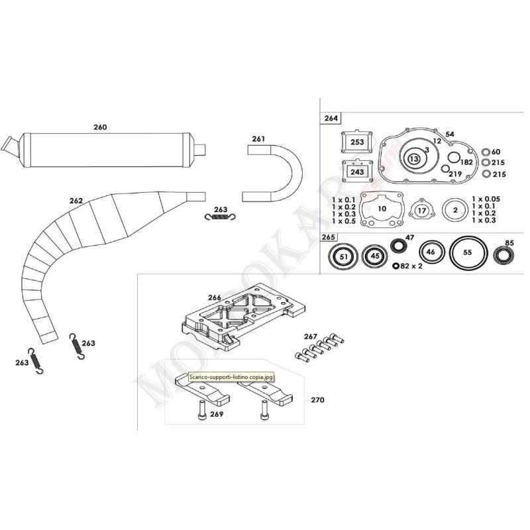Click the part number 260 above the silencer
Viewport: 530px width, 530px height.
pos(100,127)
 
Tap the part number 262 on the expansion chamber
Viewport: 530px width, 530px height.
pos(76,199)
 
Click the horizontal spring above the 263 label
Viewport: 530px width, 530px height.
pos(220,218)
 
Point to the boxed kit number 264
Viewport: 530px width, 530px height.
pos(330,119)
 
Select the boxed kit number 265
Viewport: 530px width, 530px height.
pos(329,237)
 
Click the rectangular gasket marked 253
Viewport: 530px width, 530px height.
pos(357,142)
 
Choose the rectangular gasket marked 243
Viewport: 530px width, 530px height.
pos(357,172)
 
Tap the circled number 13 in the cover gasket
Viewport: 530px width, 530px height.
pos(414,159)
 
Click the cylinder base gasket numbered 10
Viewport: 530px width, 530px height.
pos(382,209)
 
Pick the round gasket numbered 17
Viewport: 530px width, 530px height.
pos(421,211)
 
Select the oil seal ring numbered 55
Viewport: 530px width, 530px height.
pos(468,252)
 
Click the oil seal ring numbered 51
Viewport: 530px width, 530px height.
pos(343,256)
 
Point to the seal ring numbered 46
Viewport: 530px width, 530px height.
pos(431,252)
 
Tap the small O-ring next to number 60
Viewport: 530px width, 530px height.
pos(486,152)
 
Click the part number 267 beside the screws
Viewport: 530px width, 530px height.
pos(311,337)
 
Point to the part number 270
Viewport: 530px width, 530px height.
pos(317,400)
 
